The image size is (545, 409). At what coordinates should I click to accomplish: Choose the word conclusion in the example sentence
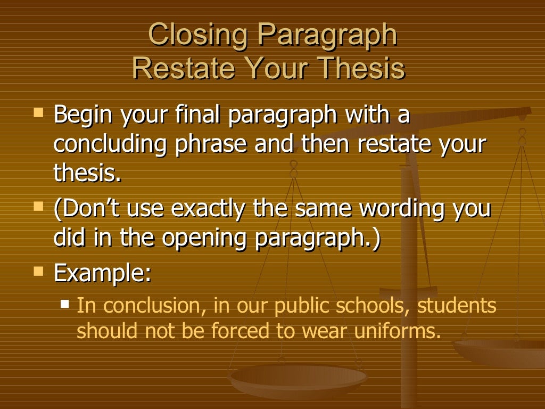tap(154, 306)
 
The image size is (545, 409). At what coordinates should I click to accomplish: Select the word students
tap(457, 306)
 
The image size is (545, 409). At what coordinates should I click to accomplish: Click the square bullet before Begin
tap(38, 112)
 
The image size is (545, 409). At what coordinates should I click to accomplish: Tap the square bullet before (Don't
tap(38, 205)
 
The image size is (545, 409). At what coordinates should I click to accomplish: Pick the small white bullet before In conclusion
tap(65, 304)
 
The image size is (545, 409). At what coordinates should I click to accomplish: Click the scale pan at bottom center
tap(297, 379)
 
